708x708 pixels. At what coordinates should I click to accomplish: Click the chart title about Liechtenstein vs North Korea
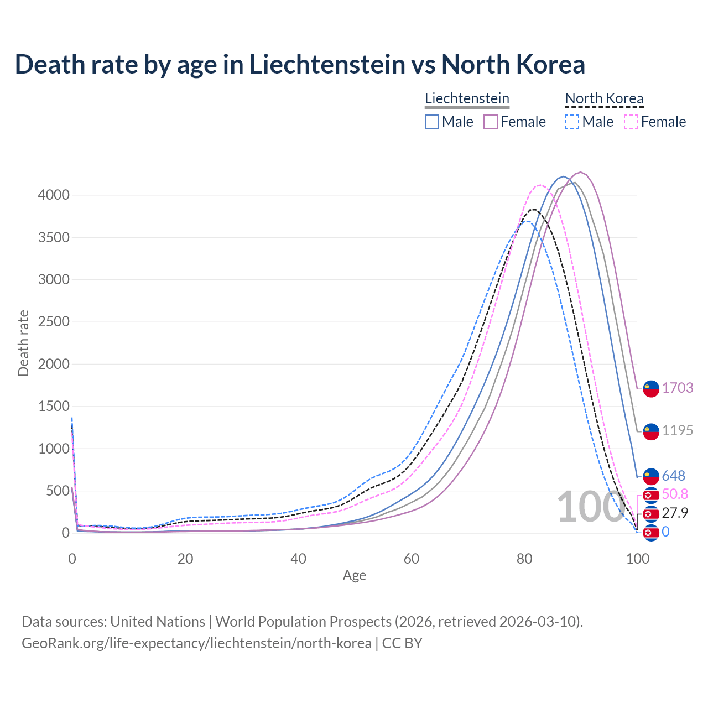click(x=300, y=64)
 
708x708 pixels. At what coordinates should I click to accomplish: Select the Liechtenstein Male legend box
click(x=432, y=122)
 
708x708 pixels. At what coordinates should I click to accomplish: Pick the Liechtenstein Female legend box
click(x=491, y=122)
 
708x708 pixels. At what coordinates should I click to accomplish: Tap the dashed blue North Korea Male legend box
click(x=572, y=122)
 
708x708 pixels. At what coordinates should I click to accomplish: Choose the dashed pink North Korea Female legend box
click(x=631, y=122)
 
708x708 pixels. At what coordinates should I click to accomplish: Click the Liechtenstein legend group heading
click(x=467, y=99)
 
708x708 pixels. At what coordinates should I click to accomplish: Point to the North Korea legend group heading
click(x=604, y=99)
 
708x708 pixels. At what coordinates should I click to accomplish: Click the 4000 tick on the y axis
click(x=54, y=195)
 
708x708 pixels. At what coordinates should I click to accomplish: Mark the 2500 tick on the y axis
click(x=54, y=322)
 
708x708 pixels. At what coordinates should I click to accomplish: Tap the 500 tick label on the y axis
click(x=58, y=491)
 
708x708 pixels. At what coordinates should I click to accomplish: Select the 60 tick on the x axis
click(x=412, y=559)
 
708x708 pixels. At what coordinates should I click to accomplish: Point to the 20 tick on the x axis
click(x=185, y=559)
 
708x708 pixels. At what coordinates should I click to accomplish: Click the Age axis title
click(x=354, y=576)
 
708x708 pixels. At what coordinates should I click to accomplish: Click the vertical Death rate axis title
click(x=23, y=343)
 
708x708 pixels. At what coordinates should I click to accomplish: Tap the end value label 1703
click(x=678, y=388)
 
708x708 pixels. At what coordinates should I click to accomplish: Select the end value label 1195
click(x=678, y=430)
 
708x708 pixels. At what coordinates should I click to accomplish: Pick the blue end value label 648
click(x=673, y=476)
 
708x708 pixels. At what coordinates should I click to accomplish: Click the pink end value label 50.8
click(x=675, y=494)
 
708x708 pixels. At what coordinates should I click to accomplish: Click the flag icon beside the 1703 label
click(x=651, y=388)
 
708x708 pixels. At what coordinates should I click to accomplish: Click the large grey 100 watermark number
click(x=591, y=507)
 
